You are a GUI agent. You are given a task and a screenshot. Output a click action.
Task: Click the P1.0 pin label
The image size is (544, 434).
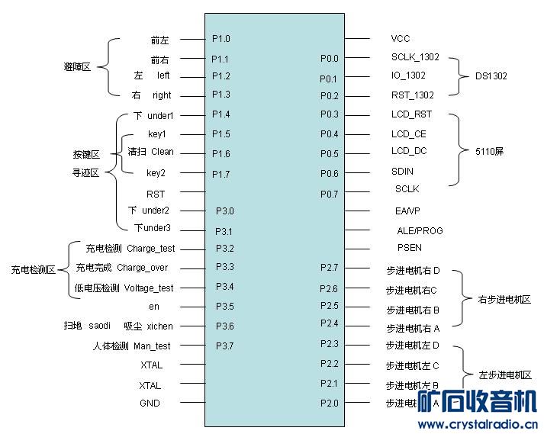click(220, 38)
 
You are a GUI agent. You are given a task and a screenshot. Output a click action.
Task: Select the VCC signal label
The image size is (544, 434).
click(401, 38)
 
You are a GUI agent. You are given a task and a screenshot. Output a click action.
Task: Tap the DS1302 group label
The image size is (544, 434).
click(491, 76)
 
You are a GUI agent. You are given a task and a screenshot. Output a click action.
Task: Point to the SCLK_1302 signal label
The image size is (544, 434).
click(415, 57)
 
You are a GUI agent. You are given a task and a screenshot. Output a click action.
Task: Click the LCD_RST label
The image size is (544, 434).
click(411, 114)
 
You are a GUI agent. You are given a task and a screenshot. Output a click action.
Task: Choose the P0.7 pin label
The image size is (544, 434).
click(329, 194)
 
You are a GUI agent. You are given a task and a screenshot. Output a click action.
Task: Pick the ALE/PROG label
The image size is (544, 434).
click(420, 230)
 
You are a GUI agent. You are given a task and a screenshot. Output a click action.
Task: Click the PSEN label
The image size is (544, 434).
click(410, 248)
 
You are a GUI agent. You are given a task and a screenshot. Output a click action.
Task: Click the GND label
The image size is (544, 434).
click(150, 403)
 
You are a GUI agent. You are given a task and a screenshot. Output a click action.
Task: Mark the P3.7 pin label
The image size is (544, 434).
click(224, 346)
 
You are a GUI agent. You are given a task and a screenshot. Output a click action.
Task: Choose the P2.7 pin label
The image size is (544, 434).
click(329, 267)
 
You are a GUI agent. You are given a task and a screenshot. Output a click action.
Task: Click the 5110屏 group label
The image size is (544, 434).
click(490, 152)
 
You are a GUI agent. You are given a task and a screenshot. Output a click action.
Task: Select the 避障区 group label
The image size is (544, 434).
click(77, 67)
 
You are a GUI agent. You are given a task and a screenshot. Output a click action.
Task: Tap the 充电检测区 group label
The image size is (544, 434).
click(33, 270)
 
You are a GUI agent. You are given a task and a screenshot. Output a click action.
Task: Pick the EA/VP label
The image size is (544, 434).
click(407, 211)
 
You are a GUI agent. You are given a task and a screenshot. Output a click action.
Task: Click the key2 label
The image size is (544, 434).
click(156, 173)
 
